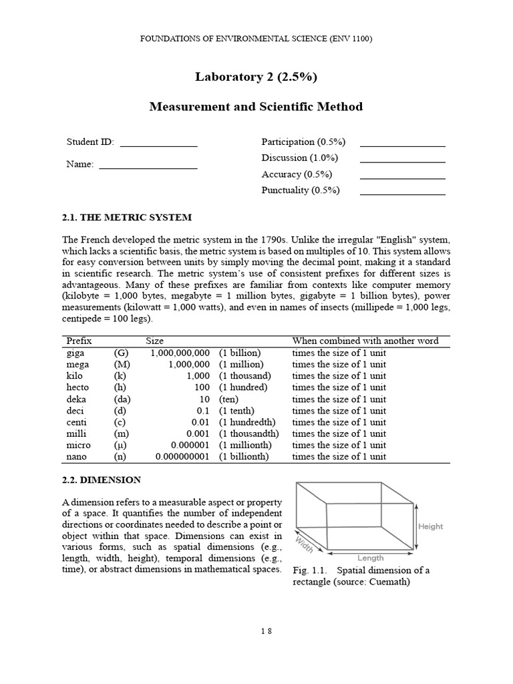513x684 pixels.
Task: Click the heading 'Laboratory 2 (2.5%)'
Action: click(x=256, y=77)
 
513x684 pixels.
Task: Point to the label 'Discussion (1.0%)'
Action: click(x=300, y=158)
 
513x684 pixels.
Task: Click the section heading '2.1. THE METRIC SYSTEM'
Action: click(x=127, y=218)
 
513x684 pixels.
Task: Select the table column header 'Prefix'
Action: click(x=79, y=341)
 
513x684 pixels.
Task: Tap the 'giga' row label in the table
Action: click(x=75, y=353)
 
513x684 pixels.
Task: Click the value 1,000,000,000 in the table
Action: click(x=180, y=353)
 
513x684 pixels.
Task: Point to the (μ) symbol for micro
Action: click(x=121, y=445)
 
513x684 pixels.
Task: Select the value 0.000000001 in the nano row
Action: click(x=182, y=457)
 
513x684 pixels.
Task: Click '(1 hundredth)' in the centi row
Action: click(x=247, y=422)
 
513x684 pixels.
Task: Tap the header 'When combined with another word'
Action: click(x=365, y=341)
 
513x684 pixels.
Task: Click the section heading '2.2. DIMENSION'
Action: click(x=102, y=480)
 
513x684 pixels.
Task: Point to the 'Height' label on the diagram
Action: click(x=430, y=526)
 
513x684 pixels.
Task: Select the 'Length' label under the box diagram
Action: click(x=371, y=558)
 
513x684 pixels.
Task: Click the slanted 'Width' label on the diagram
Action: click(x=305, y=546)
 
